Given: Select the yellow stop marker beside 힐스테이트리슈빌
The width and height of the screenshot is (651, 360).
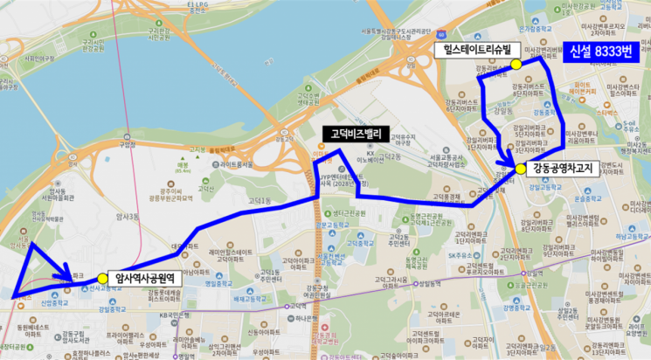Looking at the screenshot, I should click(x=516, y=64).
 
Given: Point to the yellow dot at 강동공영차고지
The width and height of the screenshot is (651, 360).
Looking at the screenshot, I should click(x=521, y=169).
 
